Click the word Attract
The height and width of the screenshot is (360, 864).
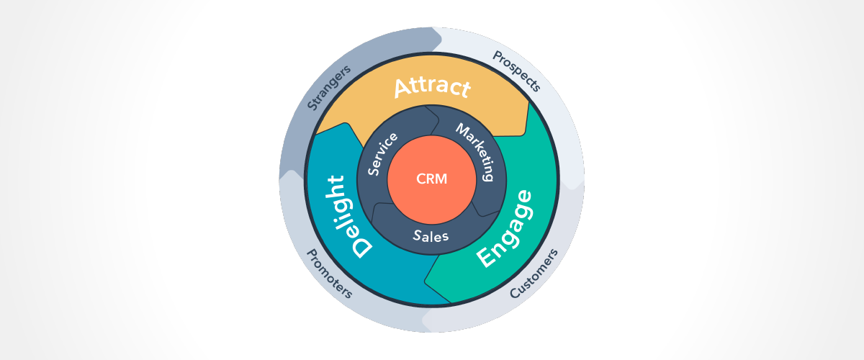click(x=432, y=86)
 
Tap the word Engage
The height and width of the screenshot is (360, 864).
click(x=506, y=229)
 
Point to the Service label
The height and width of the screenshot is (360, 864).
click(x=382, y=153)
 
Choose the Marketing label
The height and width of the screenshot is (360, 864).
click(x=477, y=150)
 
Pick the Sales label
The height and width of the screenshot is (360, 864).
click(x=431, y=235)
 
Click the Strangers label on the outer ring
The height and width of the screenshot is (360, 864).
click(x=328, y=87)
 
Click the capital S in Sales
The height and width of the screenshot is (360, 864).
click(x=418, y=234)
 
